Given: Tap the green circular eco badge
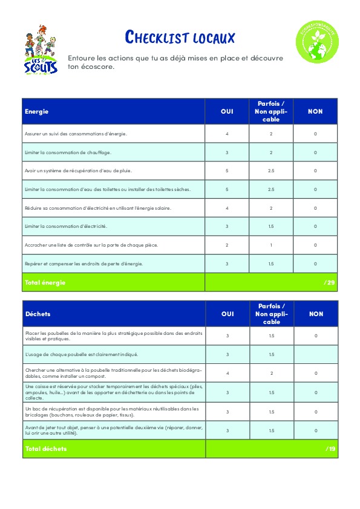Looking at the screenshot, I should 315,41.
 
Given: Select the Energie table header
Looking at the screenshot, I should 37,111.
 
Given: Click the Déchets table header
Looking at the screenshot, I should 38,314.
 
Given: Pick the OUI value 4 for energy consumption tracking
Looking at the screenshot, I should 227,134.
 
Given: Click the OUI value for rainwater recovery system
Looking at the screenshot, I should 227,170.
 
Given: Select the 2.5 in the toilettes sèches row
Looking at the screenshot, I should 271,189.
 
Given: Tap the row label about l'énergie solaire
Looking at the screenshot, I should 98,208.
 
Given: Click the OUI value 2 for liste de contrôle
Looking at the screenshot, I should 227,245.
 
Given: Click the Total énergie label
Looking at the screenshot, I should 45,282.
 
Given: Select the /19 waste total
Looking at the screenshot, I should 330,449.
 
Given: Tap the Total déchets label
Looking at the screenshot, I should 45,449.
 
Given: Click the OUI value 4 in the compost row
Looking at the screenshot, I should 227,373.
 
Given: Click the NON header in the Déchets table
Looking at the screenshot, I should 316,314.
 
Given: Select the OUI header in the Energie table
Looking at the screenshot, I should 227,111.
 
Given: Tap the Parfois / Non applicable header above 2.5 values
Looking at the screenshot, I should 271,111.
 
